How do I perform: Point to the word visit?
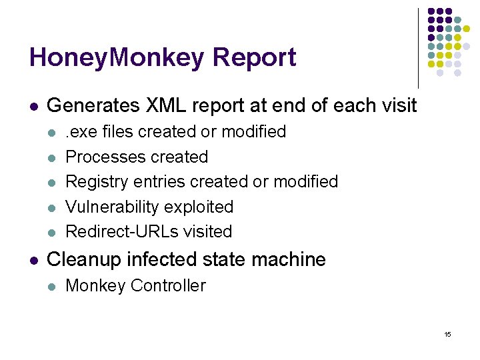pos(398,105)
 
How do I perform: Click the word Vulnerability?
pos(113,207)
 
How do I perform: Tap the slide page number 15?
pos(447,334)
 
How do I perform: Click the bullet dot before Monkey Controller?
pos(53,286)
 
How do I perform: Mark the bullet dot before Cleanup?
pos(34,259)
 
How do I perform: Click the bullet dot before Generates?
pos(34,106)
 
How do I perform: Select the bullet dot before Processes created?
pos(53,157)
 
